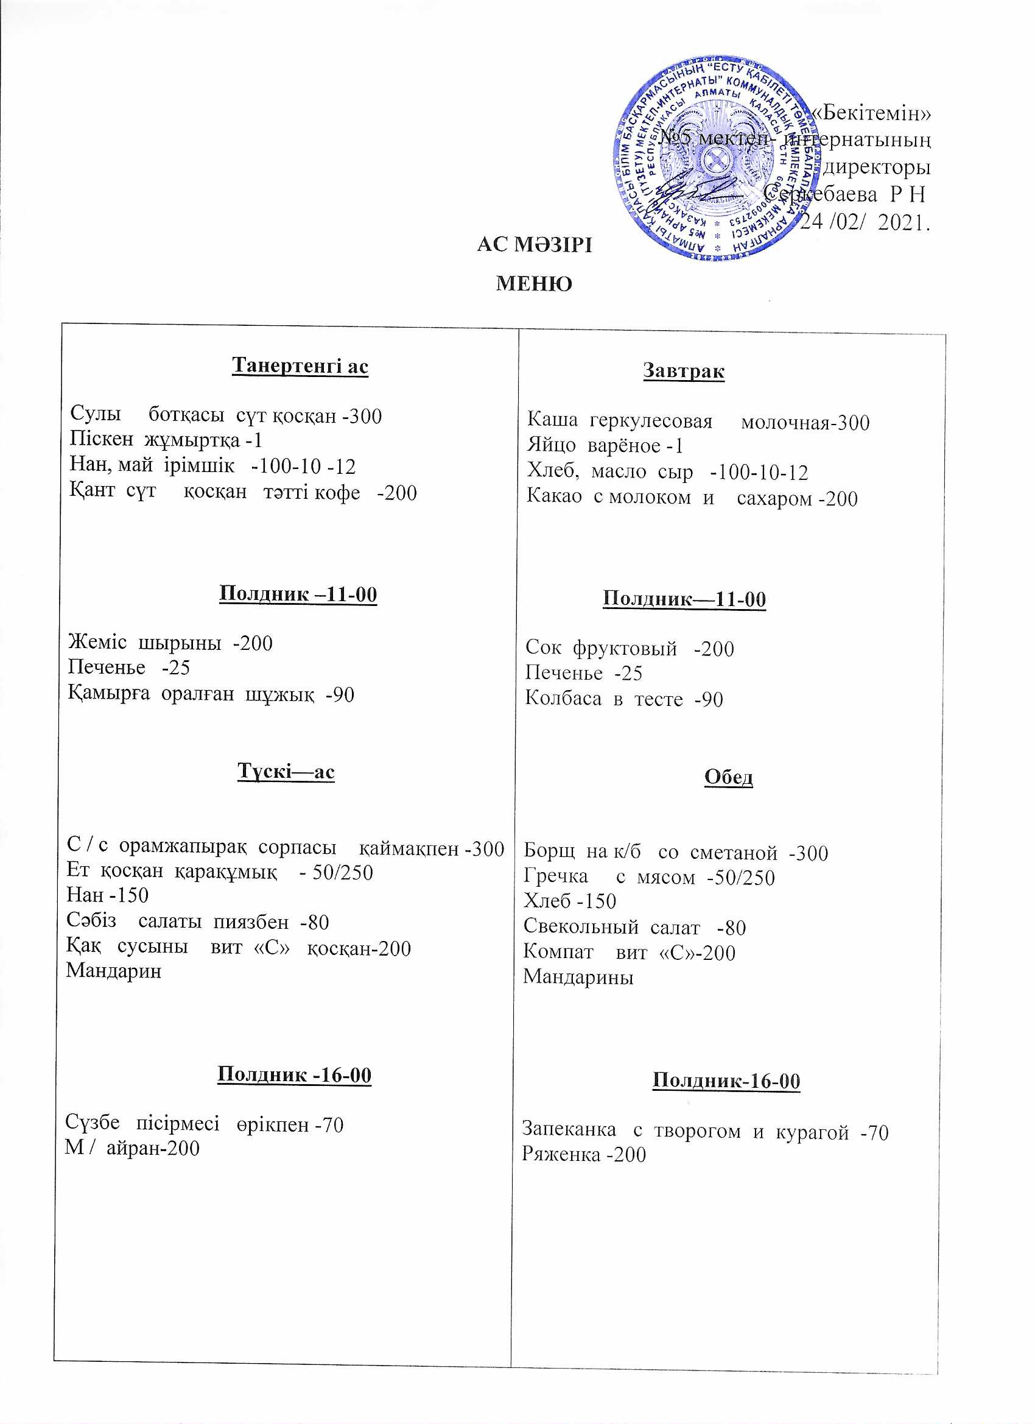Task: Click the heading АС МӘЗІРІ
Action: pyautogui.click(x=534, y=244)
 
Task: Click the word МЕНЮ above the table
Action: pyautogui.click(x=534, y=284)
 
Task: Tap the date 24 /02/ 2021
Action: pyautogui.click(x=865, y=222)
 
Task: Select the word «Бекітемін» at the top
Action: pyautogui.click(x=871, y=113)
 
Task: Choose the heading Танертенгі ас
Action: pyautogui.click(x=300, y=365)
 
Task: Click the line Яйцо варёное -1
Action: pyautogui.click(x=605, y=446)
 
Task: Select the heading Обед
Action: pyautogui.click(x=728, y=777)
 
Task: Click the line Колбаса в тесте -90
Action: pyautogui.click(x=624, y=699)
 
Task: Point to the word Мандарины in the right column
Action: pyautogui.click(x=578, y=977)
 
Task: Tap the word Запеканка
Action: pyautogui.click(x=569, y=1130)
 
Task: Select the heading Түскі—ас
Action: pyautogui.click(x=286, y=771)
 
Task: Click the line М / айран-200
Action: pyautogui.click(x=133, y=1148)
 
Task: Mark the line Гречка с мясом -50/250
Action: pyautogui.click(x=649, y=877)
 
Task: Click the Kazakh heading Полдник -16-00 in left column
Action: pyautogui.click(x=295, y=1075)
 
